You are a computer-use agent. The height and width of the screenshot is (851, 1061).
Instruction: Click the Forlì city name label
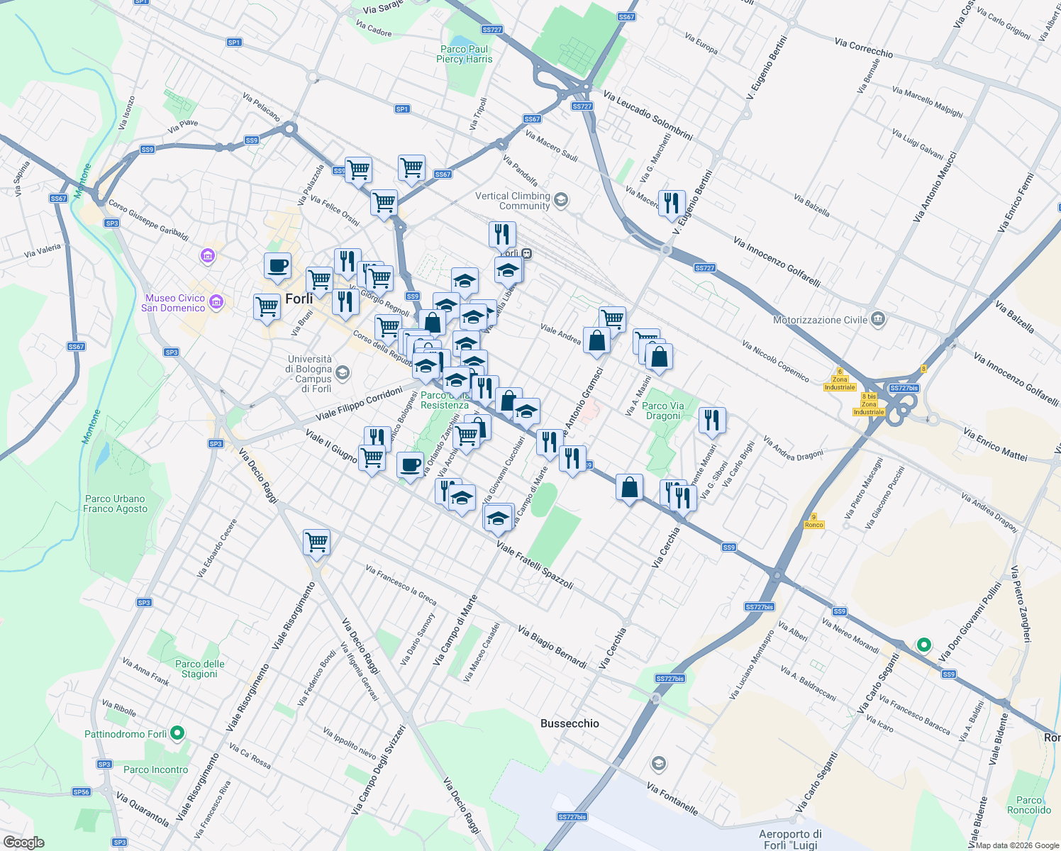pyautogui.click(x=299, y=299)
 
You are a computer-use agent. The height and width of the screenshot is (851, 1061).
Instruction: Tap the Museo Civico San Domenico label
pyautogui.click(x=173, y=303)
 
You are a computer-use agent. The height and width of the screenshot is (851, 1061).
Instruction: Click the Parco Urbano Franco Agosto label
pyautogui.click(x=115, y=504)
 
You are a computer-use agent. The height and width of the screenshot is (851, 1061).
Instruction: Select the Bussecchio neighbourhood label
pyautogui.click(x=570, y=723)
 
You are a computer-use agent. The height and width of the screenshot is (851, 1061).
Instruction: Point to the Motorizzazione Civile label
pyautogui.click(x=820, y=320)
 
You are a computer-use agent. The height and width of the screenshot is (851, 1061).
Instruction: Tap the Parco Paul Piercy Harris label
pyautogui.click(x=464, y=55)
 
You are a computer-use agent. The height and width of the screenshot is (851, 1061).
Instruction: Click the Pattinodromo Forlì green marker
pyautogui.click(x=178, y=733)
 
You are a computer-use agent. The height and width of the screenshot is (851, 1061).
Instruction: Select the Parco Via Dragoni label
pyautogui.click(x=663, y=411)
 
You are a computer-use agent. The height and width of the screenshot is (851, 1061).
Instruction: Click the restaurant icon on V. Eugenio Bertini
pyautogui.click(x=671, y=204)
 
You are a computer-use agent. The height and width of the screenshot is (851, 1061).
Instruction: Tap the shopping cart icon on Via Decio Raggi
pyautogui.click(x=316, y=543)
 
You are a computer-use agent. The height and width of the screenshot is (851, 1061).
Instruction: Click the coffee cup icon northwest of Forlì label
pyautogui.click(x=277, y=266)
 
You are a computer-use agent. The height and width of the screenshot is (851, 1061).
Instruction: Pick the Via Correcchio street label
pyautogui.click(x=863, y=48)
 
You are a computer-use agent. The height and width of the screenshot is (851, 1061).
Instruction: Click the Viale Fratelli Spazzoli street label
pyautogui.click(x=535, y=565)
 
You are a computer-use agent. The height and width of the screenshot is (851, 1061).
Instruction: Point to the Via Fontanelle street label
pyautogui.click(x=672, y=799)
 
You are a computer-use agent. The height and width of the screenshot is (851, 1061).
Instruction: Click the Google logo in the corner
pyautogui.click(x=23, y=842)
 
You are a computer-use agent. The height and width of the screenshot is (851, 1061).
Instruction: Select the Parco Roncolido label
pyautogui.click(x=1029, y=805)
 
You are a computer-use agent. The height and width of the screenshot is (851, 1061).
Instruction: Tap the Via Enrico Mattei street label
pyautogui.click(x=995, y=444)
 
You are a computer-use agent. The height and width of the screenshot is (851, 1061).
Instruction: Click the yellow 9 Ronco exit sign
pyautogui.click(x=814, y=521)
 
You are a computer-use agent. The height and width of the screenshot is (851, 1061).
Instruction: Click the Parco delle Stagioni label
pyautogui.click(x=199, y=669)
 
